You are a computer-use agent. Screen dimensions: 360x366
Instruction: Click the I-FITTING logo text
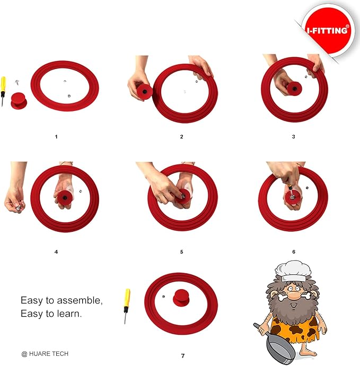point(328,30)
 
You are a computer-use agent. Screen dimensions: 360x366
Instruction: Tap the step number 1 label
point(56,137)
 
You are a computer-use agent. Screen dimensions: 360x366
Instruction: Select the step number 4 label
point(56,252)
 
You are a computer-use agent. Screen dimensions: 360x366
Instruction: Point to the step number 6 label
point(294,252)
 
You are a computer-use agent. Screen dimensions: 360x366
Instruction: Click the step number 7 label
point(183,356)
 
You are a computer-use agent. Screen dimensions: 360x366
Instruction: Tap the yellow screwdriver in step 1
point(3,91)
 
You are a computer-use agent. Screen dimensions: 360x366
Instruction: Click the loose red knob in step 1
point(19,100)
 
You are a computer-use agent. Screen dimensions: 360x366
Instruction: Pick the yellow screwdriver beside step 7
point(127,306)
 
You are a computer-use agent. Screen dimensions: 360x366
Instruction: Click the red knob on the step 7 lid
point(181,298)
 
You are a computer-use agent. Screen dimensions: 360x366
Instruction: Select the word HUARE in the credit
point(39,354)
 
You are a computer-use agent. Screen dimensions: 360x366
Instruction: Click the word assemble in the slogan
point(80,300)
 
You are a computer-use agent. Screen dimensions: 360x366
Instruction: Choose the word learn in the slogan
point(69,313)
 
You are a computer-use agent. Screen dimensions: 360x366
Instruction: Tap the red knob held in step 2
point(145,92)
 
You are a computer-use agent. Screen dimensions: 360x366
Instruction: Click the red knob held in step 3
point(294,89)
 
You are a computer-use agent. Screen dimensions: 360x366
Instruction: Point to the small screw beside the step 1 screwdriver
point(17,82)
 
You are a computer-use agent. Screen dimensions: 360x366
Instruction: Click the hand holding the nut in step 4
point(15,199)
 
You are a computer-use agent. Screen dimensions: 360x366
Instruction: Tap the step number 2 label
point(181,137)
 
